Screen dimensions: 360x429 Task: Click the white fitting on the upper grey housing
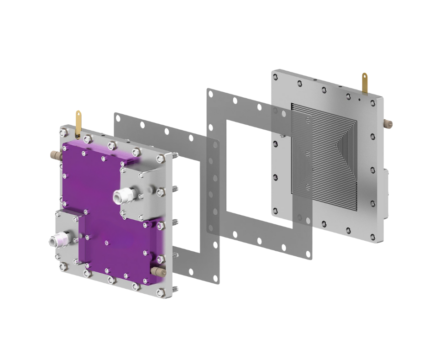[121, 196]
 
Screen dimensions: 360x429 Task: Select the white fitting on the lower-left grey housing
[58, 239]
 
